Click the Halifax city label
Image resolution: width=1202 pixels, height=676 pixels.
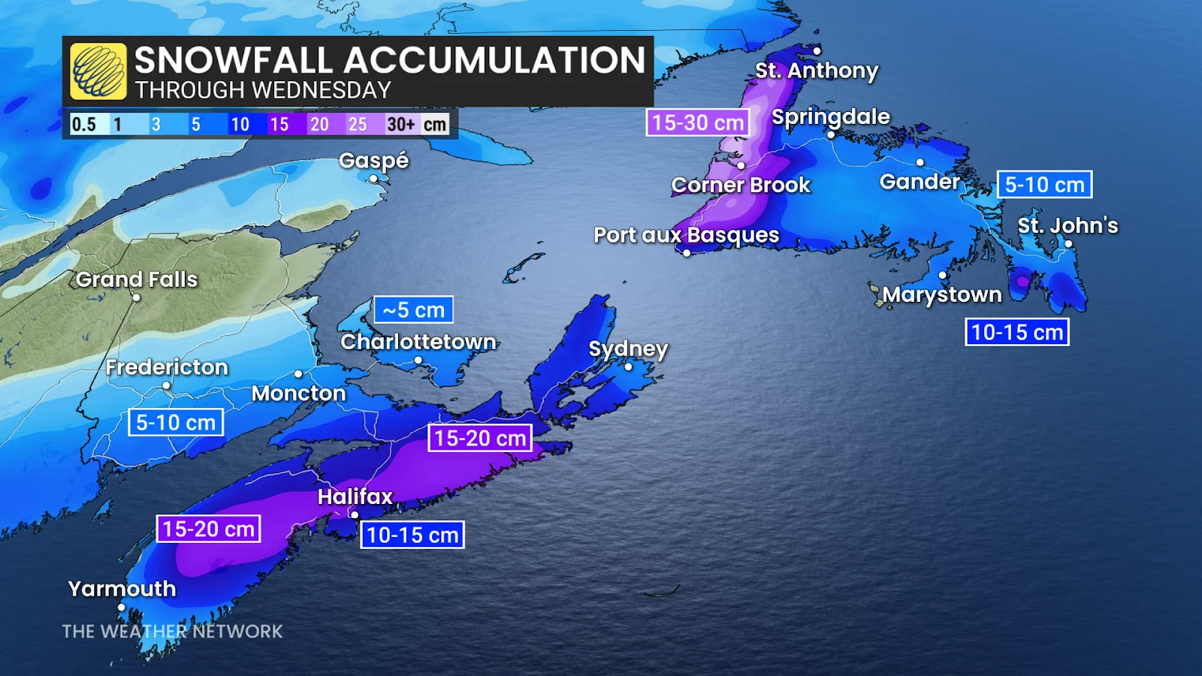pyautogui.click(x=355, y=496)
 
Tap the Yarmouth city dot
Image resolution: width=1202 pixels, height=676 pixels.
pyautogui.click(x=122, y=607)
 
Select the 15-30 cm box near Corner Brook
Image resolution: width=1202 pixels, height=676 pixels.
pyautogui.click(x=698, y=122)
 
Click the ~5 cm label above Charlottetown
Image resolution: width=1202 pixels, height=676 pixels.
pyautogui.click(x=414, y=309)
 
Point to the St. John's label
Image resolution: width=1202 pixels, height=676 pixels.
pyautogui.click(x=1068, y=225)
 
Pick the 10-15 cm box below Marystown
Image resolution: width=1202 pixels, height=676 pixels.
pyautogui.click(x=1016, y=332)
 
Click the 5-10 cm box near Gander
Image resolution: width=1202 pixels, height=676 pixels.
pyautogui.click(x=1044, y=184)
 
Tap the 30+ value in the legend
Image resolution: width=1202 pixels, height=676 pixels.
pyautogui.click(x=400, y=124)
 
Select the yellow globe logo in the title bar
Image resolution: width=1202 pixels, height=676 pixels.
pyautogui.click(x=98, y=71)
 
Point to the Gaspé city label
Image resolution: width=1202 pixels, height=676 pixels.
pyautogui.click(x=373, y=160)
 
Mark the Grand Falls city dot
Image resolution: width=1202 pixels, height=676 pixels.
pyautogui.click(x=136, y=297)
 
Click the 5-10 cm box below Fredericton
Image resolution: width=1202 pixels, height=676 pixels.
pyautogui.click(x=176, y=422)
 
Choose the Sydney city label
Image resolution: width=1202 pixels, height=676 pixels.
pyautogui.click(x=628, y=349)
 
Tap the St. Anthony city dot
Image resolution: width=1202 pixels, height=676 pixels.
pyautogui.click(x=817, y=51)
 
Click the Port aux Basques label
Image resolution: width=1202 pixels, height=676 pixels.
pyautogui.click(x=686, y=235)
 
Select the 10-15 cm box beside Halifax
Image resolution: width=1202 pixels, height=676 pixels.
pyautogui.click(x=412, y=535)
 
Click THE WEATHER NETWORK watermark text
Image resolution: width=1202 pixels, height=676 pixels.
pyautogui.click(x=172, y=631)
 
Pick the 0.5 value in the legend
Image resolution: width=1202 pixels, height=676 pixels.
pyautogui.click(x=83, y=124)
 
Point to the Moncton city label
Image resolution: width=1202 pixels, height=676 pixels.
pyautogui.click(x=298, y=393)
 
